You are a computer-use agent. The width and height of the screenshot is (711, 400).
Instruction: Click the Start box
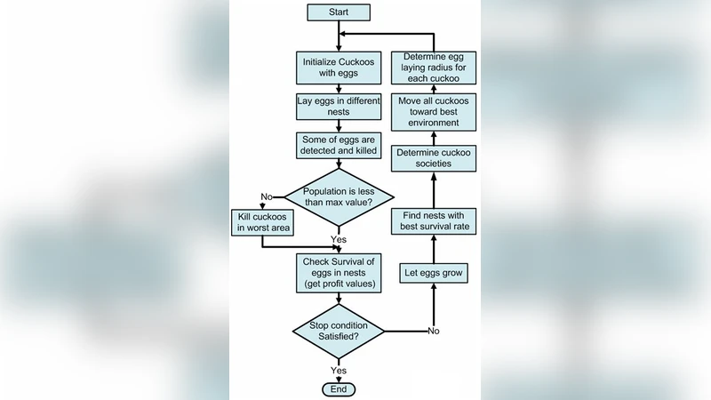(x=339, y=12)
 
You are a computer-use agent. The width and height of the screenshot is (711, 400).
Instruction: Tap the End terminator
(x=338, y=388)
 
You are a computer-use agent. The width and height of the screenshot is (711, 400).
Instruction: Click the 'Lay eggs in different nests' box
(x=338, y=108)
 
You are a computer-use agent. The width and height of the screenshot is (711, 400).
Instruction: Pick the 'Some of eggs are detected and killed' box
(x=338, y=148)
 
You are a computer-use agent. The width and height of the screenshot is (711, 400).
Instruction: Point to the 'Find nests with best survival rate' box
(x=435, y=221)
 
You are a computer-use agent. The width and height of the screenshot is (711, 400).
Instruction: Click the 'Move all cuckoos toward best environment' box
(x=435, y=112)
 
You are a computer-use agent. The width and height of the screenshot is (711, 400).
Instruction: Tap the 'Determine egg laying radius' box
(x=435, y=66)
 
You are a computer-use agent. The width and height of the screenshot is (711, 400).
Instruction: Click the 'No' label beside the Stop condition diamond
(x=433, y=331)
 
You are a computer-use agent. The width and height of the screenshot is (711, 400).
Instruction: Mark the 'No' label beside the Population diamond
(x=266, y=196)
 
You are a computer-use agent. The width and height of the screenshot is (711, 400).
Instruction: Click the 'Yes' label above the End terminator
(x=339, y=370)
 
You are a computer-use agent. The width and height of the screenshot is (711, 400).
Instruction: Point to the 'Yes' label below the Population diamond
(x=339, y=240)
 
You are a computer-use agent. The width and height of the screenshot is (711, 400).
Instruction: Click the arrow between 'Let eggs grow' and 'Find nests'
(x=434, y=246)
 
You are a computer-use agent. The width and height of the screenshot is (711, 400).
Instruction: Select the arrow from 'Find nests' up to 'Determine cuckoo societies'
(x=434, y=188)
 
